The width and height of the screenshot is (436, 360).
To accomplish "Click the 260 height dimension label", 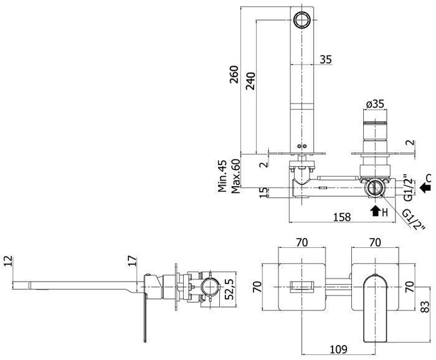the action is (234, 74).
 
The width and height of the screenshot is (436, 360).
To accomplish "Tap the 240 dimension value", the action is (250, 81).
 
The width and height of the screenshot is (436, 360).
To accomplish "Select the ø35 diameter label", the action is (375, 104).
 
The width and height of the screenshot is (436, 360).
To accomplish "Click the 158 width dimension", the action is (342, 217).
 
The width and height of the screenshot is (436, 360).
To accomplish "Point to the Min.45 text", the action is (222, 176).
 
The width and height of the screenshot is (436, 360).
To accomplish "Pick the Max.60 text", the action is (235, 176).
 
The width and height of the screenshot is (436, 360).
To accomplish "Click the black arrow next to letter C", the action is (425, 187).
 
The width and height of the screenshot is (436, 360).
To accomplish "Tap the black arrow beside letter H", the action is (376, 211).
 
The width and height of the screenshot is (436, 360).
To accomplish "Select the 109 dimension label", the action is (339, 349).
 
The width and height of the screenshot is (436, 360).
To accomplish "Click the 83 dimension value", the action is (425, 306).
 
